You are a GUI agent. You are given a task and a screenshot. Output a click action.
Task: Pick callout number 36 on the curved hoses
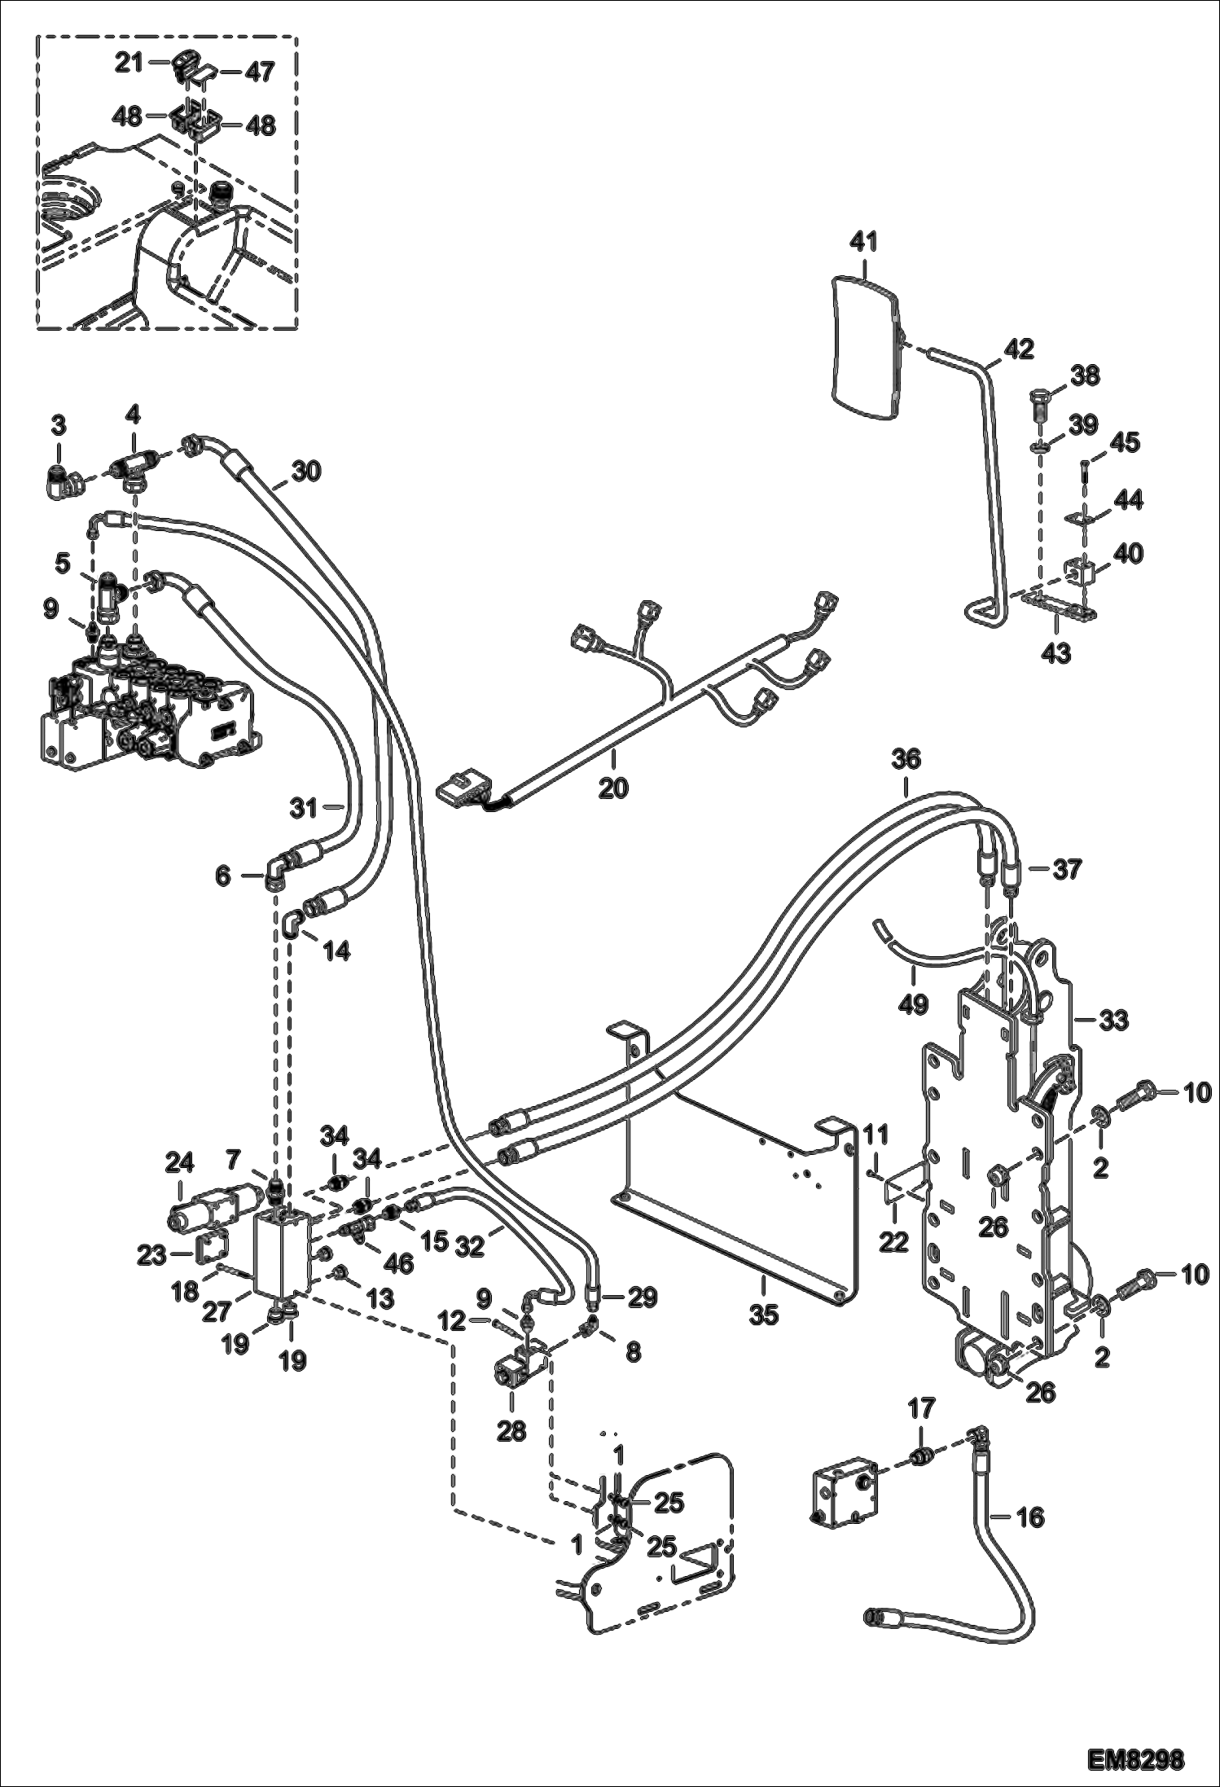point(906,759)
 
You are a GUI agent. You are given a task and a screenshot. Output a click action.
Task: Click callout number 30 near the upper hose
point(307,470)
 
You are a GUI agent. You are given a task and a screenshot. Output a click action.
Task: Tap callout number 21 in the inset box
point(129,63)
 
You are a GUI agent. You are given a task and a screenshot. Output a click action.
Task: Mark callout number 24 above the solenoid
point(179,1163)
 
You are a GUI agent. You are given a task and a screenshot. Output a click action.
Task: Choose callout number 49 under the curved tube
point(914,1003)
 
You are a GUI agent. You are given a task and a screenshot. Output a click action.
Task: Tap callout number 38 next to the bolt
point(1085,375)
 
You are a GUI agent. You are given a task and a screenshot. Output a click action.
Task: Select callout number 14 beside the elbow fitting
point(337,950)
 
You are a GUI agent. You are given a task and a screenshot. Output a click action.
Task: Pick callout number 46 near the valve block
point(397,1262)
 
